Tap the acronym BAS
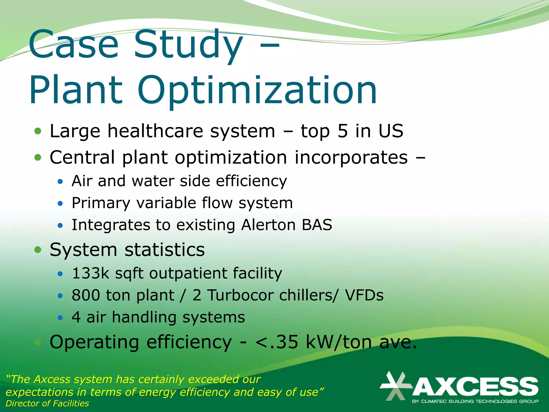click(x=317, y=225)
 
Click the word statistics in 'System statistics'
click(x=165, y=250)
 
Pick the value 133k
click(x=91, y=273)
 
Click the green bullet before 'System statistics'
click(x=38, y=250)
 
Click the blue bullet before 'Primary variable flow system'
click(x=60, y=204)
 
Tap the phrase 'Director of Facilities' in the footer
click(x=47, y=403)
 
